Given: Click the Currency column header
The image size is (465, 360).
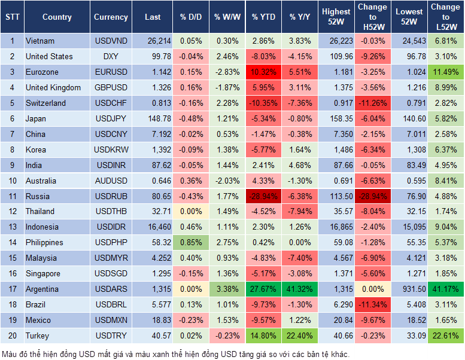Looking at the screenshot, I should point(111,17).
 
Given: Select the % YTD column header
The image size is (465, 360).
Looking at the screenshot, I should point(263,17).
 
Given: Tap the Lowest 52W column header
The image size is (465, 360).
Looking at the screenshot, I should point(410,17).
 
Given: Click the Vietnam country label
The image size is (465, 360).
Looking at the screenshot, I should point(40,41).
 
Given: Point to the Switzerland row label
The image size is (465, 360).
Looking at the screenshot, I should point(46,103).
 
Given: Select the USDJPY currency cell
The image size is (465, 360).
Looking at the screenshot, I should point(111,118).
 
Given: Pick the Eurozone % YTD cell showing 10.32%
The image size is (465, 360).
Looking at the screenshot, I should point(263,72).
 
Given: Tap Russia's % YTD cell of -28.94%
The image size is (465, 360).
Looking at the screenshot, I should point(263,196).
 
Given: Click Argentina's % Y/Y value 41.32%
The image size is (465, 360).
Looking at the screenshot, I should point(300,289).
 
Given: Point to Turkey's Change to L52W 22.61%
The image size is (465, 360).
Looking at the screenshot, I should point(446,336).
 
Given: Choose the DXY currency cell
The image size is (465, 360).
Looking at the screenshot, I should point(111,56).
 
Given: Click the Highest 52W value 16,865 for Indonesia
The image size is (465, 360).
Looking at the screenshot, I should point(336,227).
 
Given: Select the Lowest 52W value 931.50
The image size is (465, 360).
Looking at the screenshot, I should point(410,289).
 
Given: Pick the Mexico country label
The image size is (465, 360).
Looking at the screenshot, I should point(38,321).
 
